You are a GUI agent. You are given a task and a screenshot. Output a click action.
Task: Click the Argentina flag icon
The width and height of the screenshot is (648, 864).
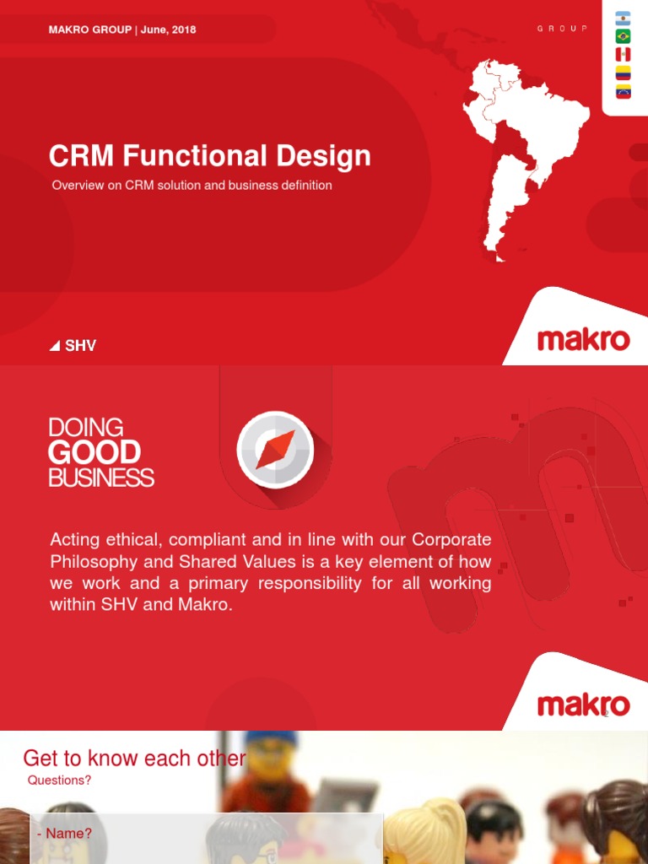(624, 18)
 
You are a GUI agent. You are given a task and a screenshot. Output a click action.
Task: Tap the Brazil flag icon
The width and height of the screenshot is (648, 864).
(624, 36)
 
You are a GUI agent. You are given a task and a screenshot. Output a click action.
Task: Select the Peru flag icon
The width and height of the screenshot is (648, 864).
(624, 54)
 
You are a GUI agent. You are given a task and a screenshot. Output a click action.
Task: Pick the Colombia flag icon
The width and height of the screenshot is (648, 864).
(624, 73)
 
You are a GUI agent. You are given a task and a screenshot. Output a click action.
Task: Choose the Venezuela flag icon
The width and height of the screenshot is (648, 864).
(624, 92)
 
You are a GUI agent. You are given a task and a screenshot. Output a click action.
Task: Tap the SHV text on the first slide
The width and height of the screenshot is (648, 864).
(80, 346)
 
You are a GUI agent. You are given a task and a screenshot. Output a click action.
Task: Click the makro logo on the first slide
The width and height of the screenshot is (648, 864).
(583, 340)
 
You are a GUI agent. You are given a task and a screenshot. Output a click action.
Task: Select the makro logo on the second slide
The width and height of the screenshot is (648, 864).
(583, 705)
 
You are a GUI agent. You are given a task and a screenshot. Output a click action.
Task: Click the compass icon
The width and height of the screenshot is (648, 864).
(275, 450)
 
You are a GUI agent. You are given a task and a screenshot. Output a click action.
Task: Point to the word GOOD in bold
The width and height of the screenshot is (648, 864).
(94, 453)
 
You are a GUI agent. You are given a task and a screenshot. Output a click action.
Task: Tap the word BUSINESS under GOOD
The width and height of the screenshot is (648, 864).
(101, 478)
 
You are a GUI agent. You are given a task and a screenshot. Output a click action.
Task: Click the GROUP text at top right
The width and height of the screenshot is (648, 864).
(562, 29)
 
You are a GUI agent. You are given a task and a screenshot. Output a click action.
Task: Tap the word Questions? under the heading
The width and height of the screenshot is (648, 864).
(59, 780)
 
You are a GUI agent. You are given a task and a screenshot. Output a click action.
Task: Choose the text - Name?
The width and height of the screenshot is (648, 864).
(64, 834)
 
